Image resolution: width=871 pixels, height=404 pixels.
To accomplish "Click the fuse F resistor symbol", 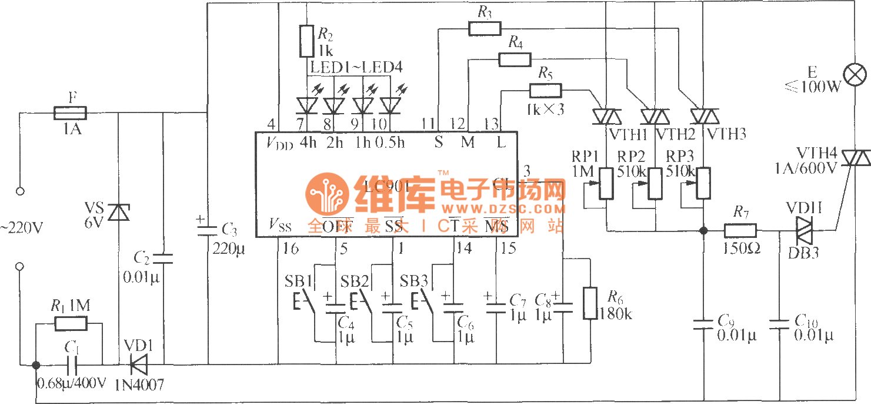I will click(x=71, y=112).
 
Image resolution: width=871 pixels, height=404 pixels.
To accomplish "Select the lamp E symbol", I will click(x=855, y=75).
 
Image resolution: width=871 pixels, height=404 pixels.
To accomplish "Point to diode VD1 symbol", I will click(x=139, y=365).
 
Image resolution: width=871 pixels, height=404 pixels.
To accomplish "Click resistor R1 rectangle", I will click(x=71, y=323).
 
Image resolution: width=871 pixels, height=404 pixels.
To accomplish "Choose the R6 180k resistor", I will click(x=590, y=303).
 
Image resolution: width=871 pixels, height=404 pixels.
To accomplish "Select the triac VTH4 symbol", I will click(x=855, y=158).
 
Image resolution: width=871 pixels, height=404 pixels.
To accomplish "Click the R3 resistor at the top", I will click(x=484, y=28).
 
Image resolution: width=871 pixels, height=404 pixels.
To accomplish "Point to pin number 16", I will click(x=290, y=249).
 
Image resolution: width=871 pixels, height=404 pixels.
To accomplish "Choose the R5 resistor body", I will click(x=545, y=91).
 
